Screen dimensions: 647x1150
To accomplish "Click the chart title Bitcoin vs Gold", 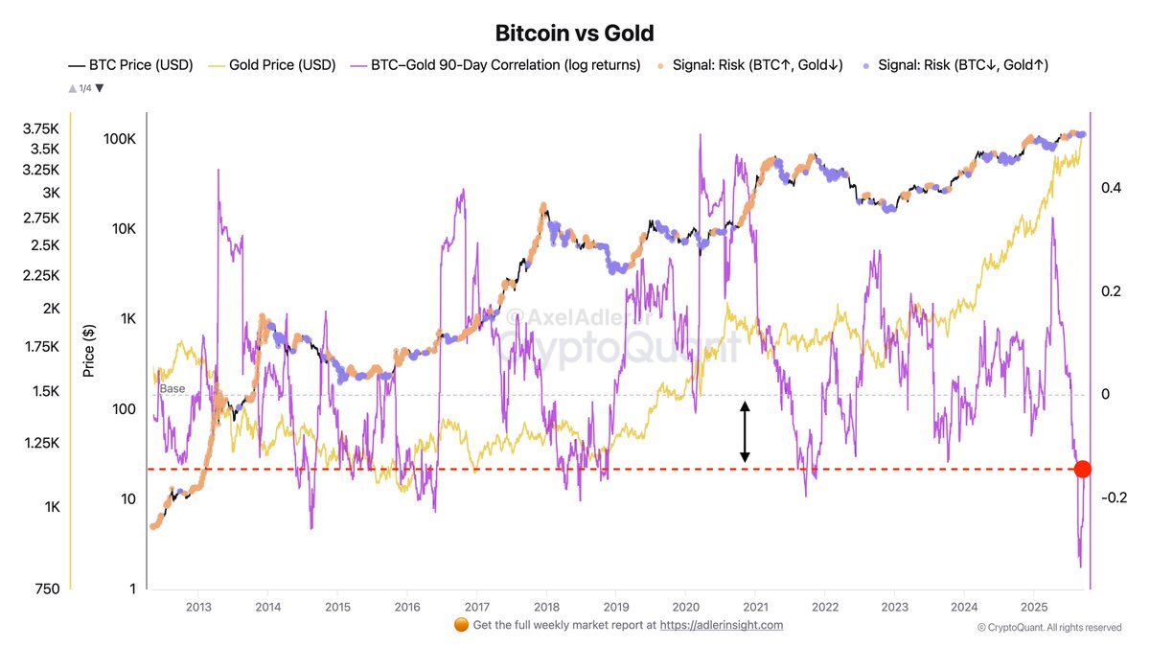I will pos(574,33).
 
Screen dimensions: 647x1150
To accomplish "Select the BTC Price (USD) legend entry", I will pos(130,65).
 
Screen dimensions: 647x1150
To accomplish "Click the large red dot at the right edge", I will pos(1082,469).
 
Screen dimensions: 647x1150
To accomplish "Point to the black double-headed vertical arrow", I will pos(745,432).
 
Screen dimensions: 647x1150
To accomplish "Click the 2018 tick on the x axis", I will pos(546,607).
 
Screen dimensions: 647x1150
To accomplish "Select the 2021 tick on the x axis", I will pos(755,607).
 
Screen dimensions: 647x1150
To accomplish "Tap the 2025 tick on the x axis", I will pos(1033,607).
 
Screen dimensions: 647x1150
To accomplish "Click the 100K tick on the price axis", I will pos(119,139).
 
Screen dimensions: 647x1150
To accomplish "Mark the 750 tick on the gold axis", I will pos(46,589).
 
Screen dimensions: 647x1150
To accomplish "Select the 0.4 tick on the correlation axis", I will pos(1112,188).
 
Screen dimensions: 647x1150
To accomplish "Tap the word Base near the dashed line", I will pos(172,388).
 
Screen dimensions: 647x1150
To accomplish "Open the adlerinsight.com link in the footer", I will pos(722,625).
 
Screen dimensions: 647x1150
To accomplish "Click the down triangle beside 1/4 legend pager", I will pos(99,88).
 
